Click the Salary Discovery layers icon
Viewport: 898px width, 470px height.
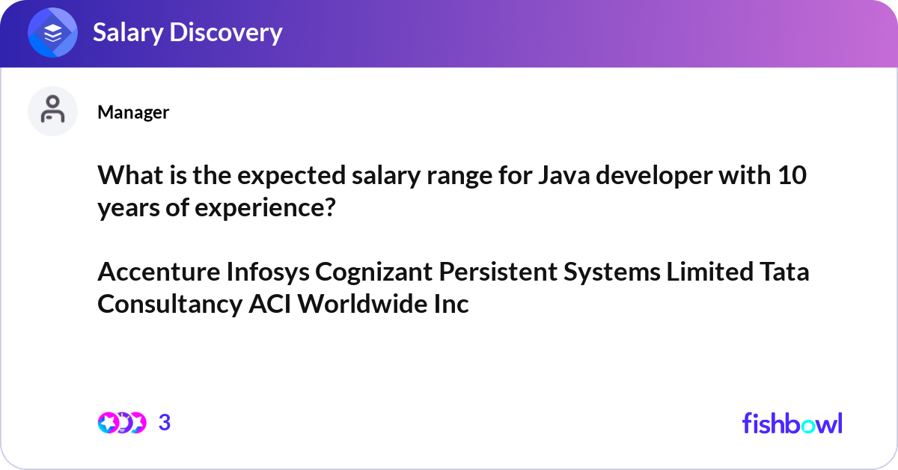(52, 33)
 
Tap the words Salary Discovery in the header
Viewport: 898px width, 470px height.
(187, 33)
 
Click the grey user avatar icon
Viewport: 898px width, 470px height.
(52, 111)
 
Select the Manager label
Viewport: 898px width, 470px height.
(133, 112)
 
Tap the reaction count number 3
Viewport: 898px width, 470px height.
(165, 423)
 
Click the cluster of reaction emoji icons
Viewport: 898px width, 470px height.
(121, 423)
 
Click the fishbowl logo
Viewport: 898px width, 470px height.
(792, 423)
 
